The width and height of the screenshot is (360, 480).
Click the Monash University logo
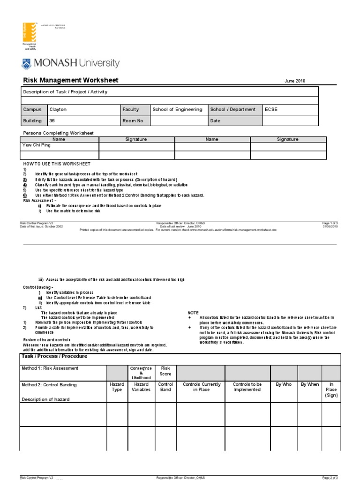71,63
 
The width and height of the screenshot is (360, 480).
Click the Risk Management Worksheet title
71,80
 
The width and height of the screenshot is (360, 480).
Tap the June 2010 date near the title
294,81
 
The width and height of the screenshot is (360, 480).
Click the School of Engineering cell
177,110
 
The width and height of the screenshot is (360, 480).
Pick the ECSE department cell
271,110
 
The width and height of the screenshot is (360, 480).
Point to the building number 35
52,120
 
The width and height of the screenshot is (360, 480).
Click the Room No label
133,120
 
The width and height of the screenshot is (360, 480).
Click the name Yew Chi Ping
37,145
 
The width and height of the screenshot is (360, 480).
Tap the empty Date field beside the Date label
290,120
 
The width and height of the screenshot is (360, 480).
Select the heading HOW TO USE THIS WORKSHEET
57,164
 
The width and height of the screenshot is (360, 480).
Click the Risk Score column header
165,371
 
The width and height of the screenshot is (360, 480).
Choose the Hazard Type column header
117,387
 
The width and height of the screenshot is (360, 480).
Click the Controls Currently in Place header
202,387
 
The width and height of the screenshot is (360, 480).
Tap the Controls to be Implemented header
247,387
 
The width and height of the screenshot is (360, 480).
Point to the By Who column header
284,384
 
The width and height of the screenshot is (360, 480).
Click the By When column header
309,384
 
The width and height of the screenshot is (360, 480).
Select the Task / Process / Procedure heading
54,356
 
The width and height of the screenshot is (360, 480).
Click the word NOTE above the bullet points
193,312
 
